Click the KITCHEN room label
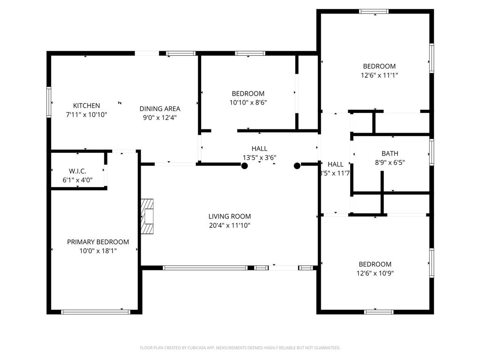86,105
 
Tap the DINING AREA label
160,109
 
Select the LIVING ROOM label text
229,217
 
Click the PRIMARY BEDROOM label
98,242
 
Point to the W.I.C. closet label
78,171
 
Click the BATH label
390,153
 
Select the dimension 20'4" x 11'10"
229,225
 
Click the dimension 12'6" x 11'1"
379,75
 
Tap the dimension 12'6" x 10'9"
375,273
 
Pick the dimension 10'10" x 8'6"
248,102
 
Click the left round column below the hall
245,165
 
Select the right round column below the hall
297,165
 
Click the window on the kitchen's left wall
48,102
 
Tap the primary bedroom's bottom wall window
96,311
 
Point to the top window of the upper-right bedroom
374,11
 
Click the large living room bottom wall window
205,268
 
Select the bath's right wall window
431,152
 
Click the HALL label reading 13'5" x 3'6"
259,153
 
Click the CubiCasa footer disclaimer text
240,348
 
